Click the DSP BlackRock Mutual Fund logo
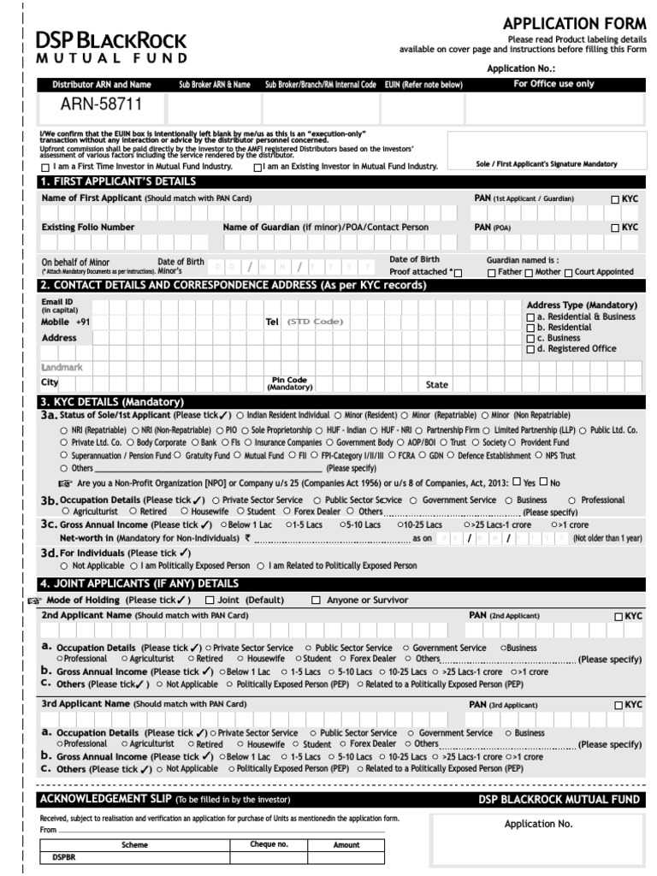(x=111, y=47)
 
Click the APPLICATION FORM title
(x=574, y=24)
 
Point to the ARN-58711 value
(x=101, y=105)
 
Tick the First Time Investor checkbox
(x=44, y=168)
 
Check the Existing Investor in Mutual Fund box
(x=257, y=168)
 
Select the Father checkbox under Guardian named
(x=491, y=272)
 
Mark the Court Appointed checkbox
(x=569, y=272)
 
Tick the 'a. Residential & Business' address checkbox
(x=530, y=317)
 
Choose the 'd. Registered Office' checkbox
(x=530, y=349)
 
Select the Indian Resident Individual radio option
(x=240, y=415)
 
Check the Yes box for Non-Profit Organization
(x=517, y=482)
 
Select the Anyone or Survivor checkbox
(x=316, y=601)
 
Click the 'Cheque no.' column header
(x=269, y=844)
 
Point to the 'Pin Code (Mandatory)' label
(x=289, y=383)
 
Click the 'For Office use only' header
(x=553, y=85)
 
